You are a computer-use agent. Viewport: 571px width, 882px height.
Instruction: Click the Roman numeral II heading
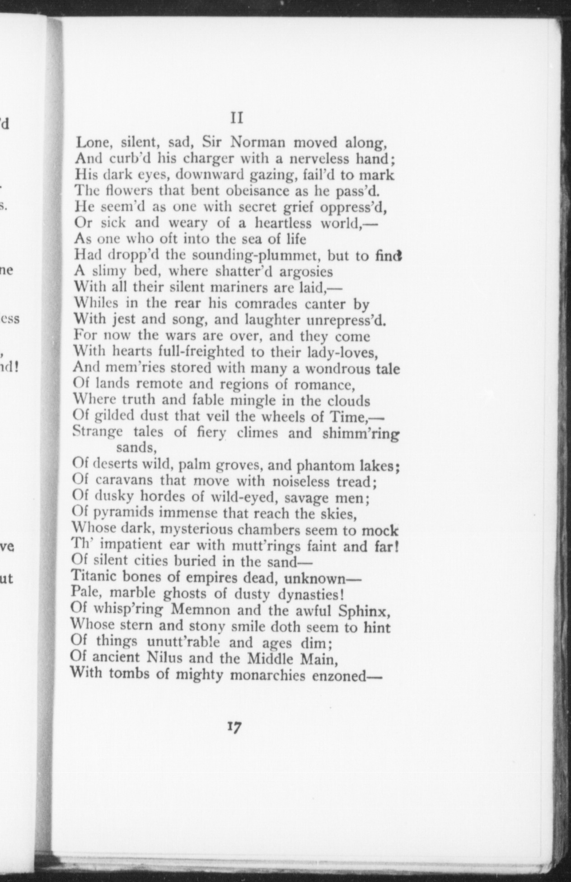(x=237, y=118)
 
